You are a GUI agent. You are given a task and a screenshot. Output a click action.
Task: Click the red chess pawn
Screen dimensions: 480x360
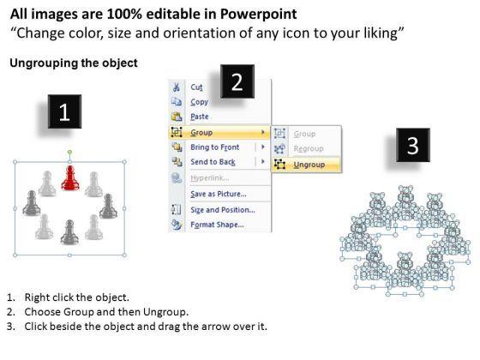70,178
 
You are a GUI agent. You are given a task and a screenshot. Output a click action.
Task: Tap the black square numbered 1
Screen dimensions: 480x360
64,111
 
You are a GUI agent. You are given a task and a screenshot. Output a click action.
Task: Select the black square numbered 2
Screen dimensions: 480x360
237,81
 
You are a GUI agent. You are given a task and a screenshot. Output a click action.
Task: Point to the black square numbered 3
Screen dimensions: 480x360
413,145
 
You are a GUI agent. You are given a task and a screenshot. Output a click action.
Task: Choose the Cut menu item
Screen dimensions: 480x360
196,87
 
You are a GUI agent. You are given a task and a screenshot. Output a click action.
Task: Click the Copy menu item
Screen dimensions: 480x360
199,102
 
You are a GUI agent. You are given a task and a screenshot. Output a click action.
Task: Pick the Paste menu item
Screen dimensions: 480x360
200,117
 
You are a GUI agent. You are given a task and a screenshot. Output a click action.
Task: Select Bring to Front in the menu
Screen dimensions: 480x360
214,147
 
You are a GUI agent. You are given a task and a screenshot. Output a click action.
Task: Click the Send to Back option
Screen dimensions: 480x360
213,162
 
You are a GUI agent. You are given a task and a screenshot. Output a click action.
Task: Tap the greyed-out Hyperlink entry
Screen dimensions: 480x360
210,178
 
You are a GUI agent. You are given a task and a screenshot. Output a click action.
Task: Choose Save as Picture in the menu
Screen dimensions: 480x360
219,194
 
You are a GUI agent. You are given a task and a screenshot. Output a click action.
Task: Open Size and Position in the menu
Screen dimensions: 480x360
223,210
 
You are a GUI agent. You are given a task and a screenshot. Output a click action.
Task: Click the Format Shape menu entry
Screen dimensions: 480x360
217,225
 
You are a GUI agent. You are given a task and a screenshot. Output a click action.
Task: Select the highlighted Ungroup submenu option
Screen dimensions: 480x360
309,165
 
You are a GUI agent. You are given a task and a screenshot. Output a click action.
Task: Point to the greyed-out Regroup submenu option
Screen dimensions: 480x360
309,149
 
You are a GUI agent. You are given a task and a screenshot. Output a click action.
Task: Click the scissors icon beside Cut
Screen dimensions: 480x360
176,87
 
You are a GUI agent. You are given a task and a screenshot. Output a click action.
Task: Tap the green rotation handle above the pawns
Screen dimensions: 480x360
69,153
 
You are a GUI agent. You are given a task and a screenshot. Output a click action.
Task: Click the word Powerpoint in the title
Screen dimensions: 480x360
258,15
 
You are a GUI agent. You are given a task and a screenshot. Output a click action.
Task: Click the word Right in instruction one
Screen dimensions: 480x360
38,297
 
